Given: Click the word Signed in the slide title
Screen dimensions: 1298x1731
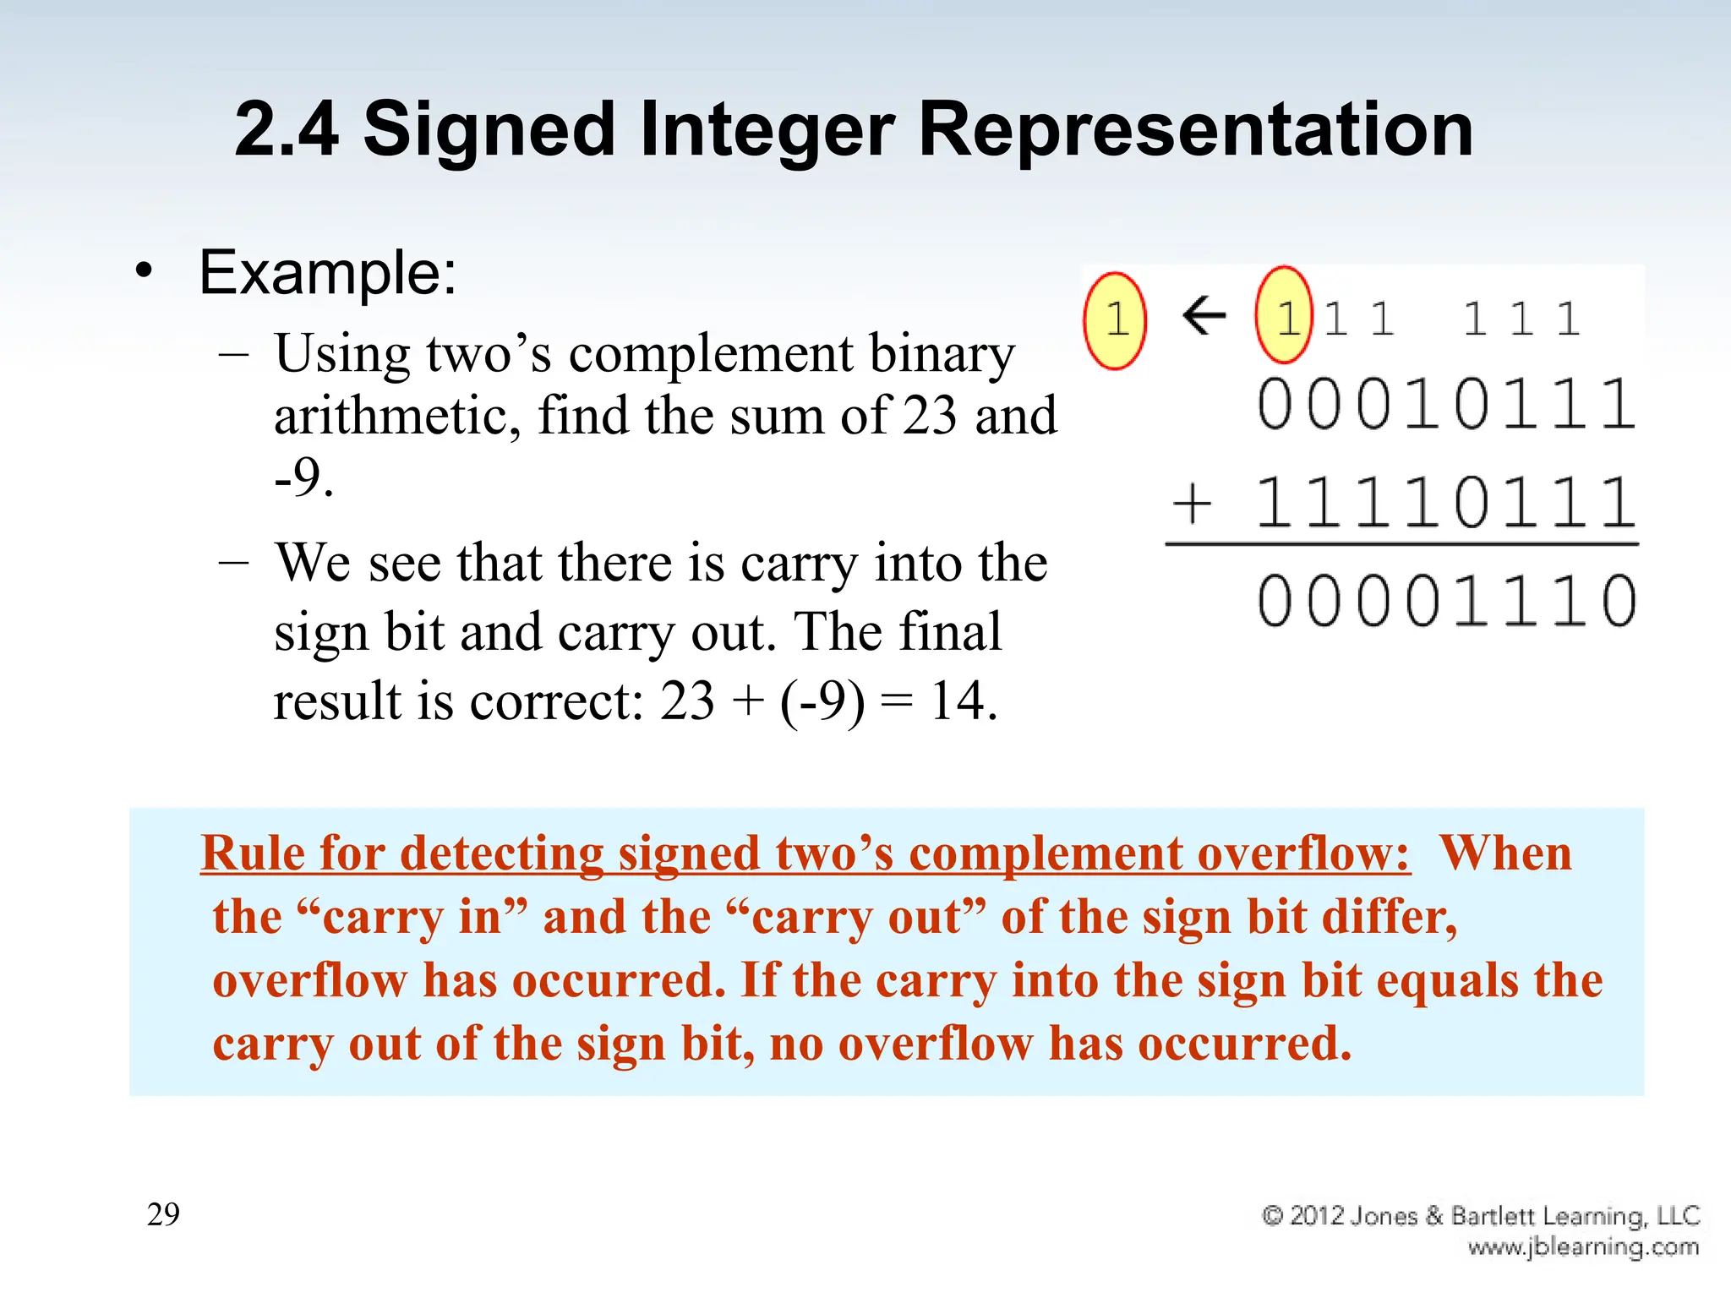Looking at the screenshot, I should click(489, 130).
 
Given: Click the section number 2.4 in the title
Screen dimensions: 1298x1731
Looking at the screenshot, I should click(287, 130).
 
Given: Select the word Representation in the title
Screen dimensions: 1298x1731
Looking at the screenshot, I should click(1195, 130).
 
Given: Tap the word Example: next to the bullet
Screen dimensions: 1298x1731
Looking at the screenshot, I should click(328, 273).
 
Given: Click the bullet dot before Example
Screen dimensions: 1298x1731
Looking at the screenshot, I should click(145, 272).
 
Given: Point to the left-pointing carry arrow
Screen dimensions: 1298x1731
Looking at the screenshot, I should click(1204, 316).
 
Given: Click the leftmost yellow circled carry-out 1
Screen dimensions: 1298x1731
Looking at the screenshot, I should click(1115, 320).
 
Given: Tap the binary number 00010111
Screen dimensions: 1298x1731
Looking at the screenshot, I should click(1446, 405).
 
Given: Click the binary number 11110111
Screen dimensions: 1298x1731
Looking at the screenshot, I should click(1446, 504).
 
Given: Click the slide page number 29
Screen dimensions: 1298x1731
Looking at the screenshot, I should click(163, 1214).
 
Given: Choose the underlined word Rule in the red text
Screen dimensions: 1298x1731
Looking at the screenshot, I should click(253, 854).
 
